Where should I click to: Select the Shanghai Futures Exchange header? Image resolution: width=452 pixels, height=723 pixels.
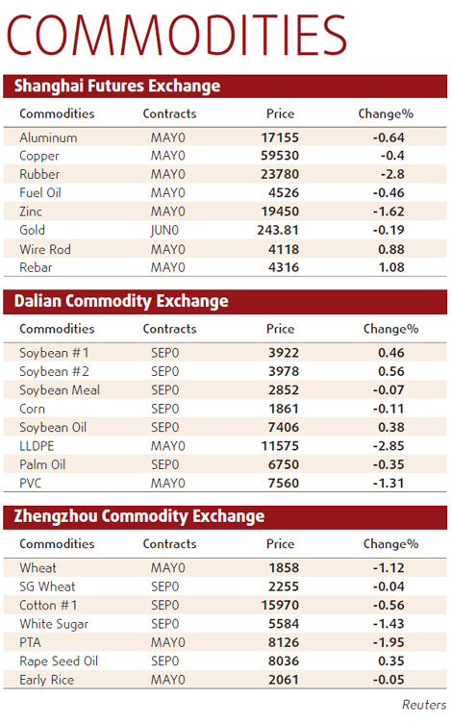(117, 87)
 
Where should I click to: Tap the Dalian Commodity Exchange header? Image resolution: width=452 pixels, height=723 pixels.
(121, 302)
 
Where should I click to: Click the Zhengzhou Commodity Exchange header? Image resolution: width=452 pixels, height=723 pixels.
(139, 516)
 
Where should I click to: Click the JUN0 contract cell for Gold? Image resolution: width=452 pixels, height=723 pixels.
(165, 231)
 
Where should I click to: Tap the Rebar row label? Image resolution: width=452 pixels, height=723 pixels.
(38, 268)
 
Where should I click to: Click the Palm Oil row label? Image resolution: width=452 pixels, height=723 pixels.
(44, 465)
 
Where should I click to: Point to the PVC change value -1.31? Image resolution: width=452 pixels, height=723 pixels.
(389, 484)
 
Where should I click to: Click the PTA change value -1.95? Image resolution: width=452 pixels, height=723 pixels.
(389, 643)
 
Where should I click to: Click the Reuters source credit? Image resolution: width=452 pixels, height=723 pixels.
(423, 705)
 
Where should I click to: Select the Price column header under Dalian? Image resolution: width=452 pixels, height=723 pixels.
(280, 329)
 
